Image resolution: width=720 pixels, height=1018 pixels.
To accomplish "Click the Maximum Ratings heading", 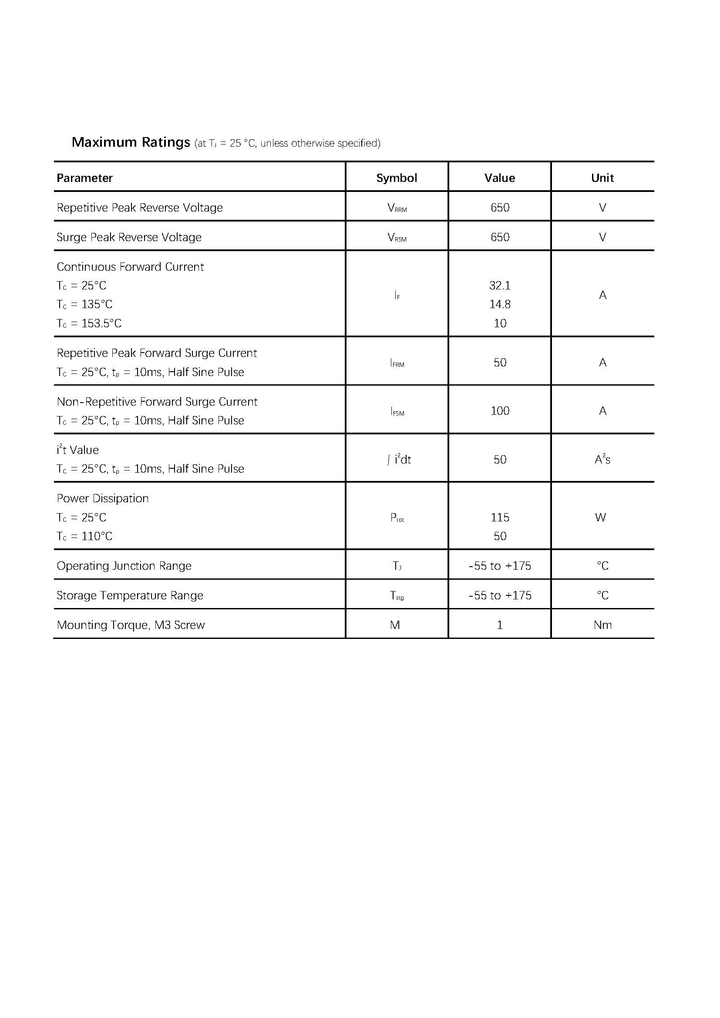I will [131, 142].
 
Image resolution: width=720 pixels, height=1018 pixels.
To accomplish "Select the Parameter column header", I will [85, 178].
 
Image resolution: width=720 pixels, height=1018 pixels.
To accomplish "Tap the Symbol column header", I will [397, 178].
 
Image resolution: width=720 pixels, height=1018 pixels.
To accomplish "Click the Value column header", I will [500, 178].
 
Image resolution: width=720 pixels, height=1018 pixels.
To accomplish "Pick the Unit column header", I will [602, 178].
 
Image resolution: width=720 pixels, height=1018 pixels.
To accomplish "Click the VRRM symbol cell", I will [397, 208].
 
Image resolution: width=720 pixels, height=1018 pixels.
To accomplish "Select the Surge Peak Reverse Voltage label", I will [129, 237].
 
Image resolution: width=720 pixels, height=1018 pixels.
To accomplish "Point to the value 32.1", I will [500, 286].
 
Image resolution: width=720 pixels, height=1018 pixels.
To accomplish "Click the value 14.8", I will [500, 304].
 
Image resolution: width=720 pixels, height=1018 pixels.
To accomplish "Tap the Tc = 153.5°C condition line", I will [89, 323].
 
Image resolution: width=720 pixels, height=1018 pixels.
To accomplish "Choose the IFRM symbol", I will [397, 363].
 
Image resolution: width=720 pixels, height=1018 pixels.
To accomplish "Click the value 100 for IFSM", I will [500, 411].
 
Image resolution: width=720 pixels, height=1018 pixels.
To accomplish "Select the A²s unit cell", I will [602, 459].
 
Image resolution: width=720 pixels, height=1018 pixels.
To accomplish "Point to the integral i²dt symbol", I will [399, 459].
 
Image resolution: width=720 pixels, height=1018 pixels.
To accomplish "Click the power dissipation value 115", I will [500, 517].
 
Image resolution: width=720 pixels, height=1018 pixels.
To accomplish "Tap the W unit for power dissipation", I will [600, 517].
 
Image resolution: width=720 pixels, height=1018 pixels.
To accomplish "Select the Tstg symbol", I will [397, 595].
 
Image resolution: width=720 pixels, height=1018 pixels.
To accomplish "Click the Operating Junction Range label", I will [124, 566].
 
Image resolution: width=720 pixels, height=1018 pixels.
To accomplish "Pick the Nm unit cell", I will [602, 625].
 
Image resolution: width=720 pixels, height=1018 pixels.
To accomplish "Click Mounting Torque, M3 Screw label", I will [131, 625].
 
